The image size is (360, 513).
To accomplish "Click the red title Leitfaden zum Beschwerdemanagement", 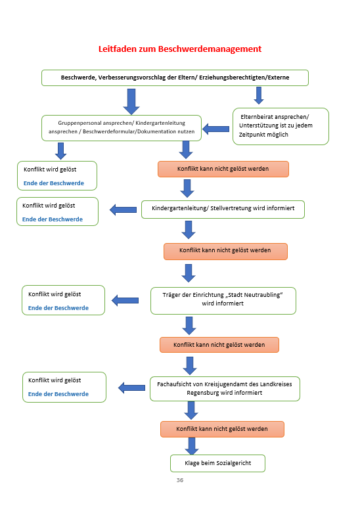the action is tap(180, 49).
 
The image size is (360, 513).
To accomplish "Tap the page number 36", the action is tap(180, 480).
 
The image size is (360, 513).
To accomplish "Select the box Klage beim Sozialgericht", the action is tap(217, 463).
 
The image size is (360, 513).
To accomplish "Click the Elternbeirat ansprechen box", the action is tap(281, 126).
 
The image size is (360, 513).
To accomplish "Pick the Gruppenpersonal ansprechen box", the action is tap(122, 128).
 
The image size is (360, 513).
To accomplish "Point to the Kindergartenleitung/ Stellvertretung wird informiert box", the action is tap(223, 210).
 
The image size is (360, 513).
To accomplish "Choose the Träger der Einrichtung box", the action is tap(223, 301).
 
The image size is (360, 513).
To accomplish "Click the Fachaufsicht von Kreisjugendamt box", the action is tap(225, 389).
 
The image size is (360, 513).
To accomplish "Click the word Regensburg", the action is tap(202, 393).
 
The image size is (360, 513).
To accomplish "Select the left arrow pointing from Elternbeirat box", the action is tap(215, 129).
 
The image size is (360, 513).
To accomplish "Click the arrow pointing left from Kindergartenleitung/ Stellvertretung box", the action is tap(123, 210).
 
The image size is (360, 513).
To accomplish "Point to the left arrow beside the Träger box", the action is tap(125, 300).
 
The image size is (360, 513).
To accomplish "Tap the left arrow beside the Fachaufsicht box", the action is tap(131, 388).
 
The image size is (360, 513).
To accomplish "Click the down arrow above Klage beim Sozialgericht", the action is tap(192, 446).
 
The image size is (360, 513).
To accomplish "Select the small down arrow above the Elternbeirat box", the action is tap(259, 95).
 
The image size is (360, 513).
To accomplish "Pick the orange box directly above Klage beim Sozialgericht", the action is tap(222, 429).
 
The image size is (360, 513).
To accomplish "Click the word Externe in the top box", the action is tap(279, 78).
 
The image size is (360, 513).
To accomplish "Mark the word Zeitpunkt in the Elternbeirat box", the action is tap(251, 135).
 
